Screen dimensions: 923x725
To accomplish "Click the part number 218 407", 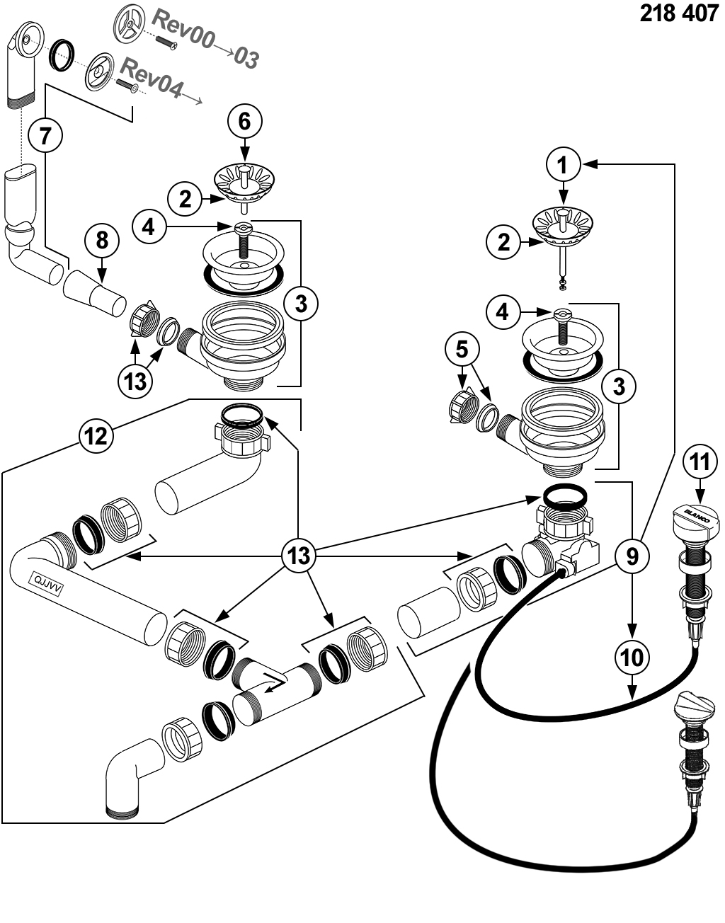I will pos(678,14).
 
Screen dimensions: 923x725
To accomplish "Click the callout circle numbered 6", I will pos(244,122).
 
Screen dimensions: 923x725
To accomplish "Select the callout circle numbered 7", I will pos(46,134).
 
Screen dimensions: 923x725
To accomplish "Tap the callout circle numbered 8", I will pos(103,241).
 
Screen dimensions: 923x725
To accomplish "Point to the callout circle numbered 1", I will pos(563,165).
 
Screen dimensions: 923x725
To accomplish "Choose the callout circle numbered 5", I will pos(462,349).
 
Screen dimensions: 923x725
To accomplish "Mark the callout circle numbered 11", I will pos(700,462).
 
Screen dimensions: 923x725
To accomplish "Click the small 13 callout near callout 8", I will pos(135,380).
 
